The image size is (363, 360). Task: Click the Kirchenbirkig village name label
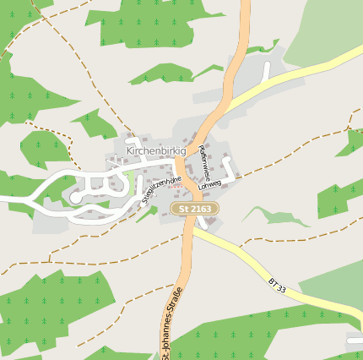[x=155, y=150]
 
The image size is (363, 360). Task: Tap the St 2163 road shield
[x=194, y=208]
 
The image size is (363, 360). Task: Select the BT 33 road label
[x=278, y=284]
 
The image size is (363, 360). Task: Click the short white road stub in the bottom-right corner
[x=355, y=340]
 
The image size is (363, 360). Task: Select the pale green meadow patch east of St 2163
[x=279, y=215]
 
